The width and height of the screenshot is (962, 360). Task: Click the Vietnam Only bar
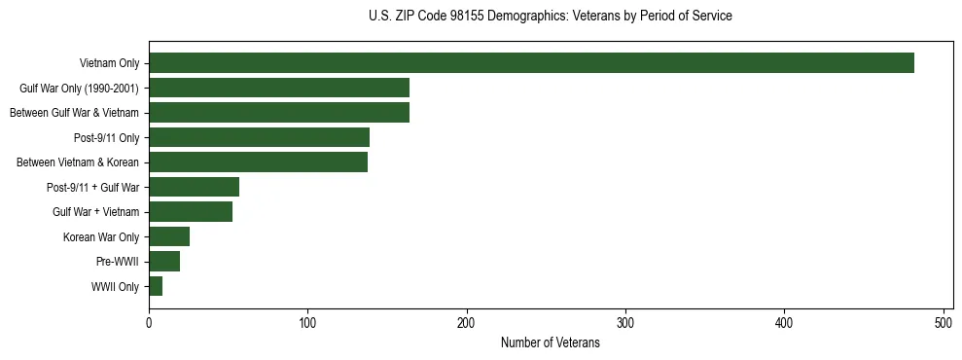(531, 63)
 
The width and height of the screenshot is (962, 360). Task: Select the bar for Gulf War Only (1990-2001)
(279, 88)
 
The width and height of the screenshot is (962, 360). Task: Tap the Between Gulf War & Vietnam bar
(279, 113)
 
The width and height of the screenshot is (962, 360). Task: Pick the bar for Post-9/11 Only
(259, 137)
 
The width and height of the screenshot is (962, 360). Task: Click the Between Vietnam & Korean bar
(258, 162)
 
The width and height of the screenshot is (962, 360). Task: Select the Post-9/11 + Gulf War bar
(194, 187)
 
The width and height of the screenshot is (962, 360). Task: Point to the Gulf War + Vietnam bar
(191, 212)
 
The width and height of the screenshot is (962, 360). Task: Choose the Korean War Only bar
(169, 236)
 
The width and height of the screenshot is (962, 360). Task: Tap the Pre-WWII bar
(164, 262)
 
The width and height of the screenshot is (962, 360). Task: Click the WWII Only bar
(156, 286)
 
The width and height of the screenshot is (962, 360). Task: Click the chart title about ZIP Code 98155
(551, 17)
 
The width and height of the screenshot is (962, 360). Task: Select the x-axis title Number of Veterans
(551, 343)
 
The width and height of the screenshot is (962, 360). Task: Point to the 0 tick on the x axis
(149, 323)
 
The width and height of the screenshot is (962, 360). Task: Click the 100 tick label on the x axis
(307, 323)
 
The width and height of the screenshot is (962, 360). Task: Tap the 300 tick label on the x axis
(625, 323)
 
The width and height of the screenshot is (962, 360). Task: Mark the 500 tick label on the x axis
(944, 323)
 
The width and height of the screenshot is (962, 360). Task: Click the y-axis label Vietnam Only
(109, 64)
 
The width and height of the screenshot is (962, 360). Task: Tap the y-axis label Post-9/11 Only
(107, 138)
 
